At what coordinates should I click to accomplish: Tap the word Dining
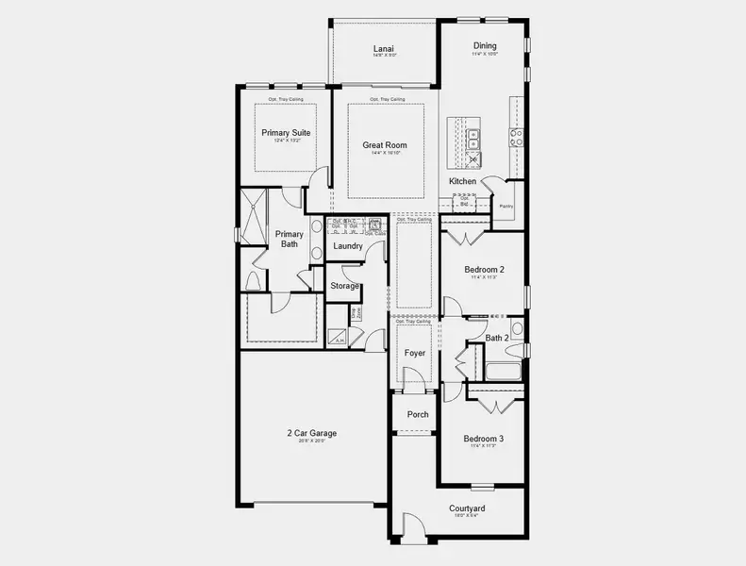click(485, 45)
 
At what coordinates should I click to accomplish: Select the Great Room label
click(385, 145)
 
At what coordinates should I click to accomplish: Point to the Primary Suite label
click(286, 133)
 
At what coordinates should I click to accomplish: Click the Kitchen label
click(462, 181)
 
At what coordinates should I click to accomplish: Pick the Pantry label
click(506, 206)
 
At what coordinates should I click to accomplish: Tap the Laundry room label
click(348, 246)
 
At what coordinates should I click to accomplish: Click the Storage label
click(344, 286)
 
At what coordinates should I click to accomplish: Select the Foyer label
click(414, 353)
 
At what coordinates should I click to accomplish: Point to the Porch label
click(417, 414)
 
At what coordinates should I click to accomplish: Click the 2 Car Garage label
click(311, 433)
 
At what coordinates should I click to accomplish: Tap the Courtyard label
click(468, 508)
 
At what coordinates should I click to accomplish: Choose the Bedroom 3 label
click(483, 439)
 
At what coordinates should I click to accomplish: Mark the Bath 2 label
click(497, 338)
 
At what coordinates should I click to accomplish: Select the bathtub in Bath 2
click(502, 371)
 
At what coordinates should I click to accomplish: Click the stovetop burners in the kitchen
click(517, 140)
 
